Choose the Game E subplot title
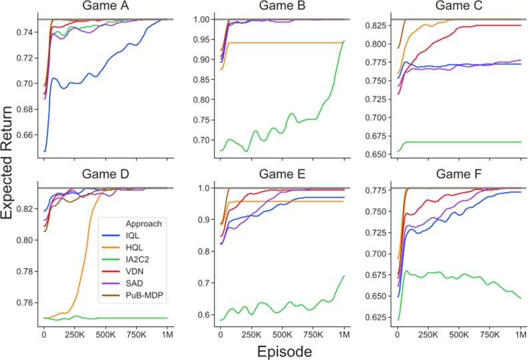pos(282,175)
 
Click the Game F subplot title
pos(458,175)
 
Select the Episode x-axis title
pos(282,350)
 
